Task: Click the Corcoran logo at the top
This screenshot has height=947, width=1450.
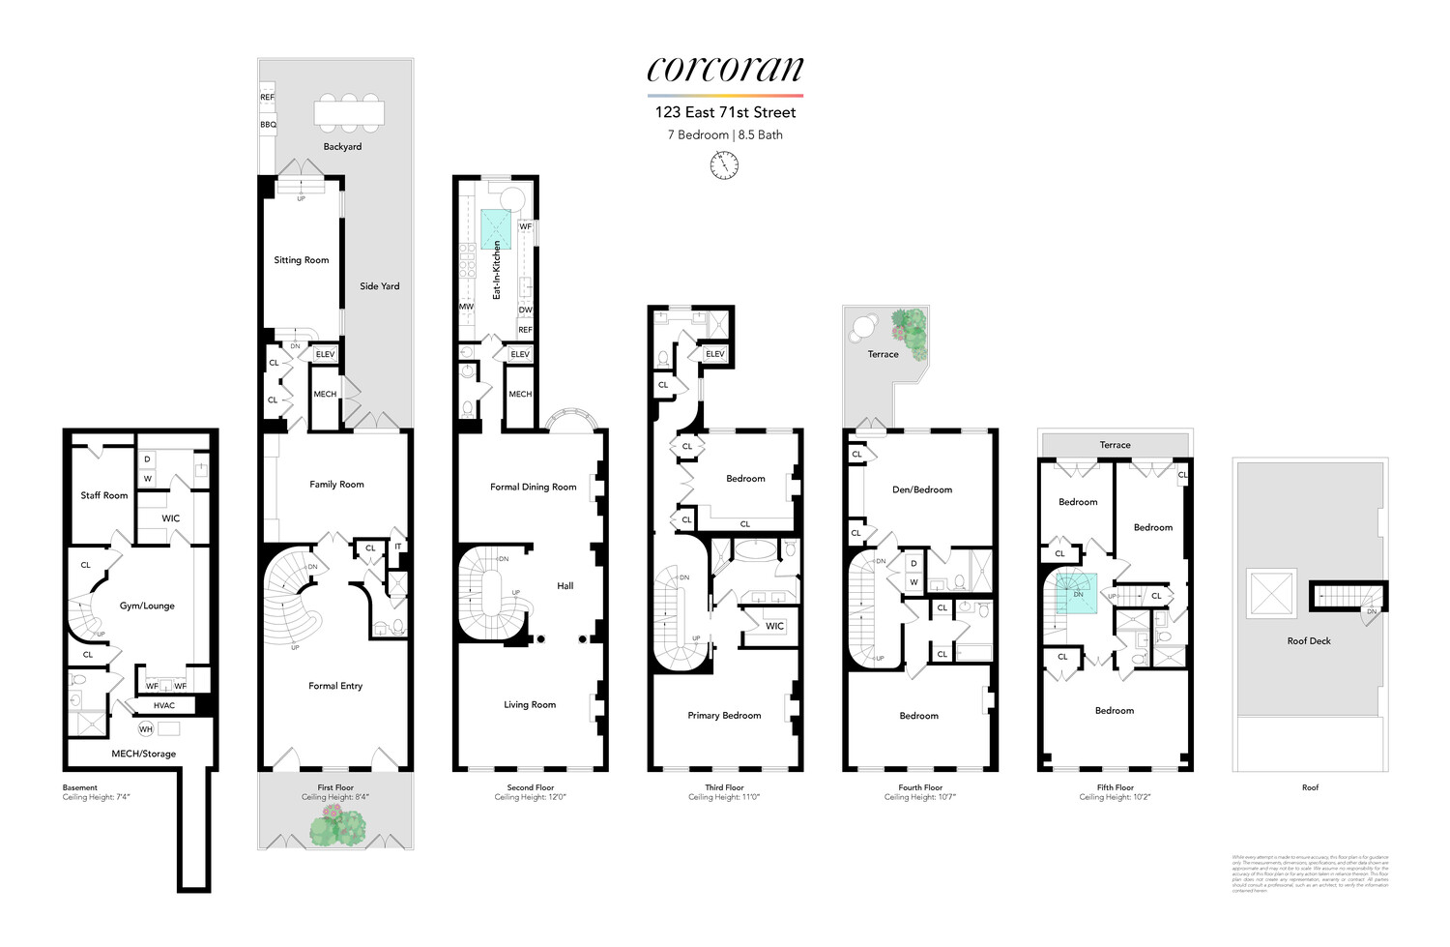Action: pos(725,70)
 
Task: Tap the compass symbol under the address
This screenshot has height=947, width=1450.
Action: pos(724,166)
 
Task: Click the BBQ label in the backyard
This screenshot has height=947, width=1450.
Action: pos(268,125)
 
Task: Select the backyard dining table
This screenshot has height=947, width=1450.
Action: pos(349,112)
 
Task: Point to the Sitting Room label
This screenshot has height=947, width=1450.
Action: pos(302,260)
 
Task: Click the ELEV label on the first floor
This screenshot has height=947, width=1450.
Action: pos(326,355)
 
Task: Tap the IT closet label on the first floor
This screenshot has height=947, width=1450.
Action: pos(397,547)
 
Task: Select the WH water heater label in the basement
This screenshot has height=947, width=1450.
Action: pos(146,729)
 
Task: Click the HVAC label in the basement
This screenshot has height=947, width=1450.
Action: pos(164,705)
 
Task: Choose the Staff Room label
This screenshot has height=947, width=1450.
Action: pos(104,495)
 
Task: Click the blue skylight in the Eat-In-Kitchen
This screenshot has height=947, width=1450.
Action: pos(495,228)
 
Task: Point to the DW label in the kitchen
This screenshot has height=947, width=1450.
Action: pos(525,311)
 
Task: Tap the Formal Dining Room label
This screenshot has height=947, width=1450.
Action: pos(533,488)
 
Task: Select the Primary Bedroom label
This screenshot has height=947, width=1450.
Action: pos(724,716)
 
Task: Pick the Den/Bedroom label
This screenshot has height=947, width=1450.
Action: pos(922,489)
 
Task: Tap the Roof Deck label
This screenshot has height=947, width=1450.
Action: pos(1309,641)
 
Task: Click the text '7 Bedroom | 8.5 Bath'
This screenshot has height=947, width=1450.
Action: pos(725,134)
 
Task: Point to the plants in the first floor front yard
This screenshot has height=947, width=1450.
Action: pos(337,825)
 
